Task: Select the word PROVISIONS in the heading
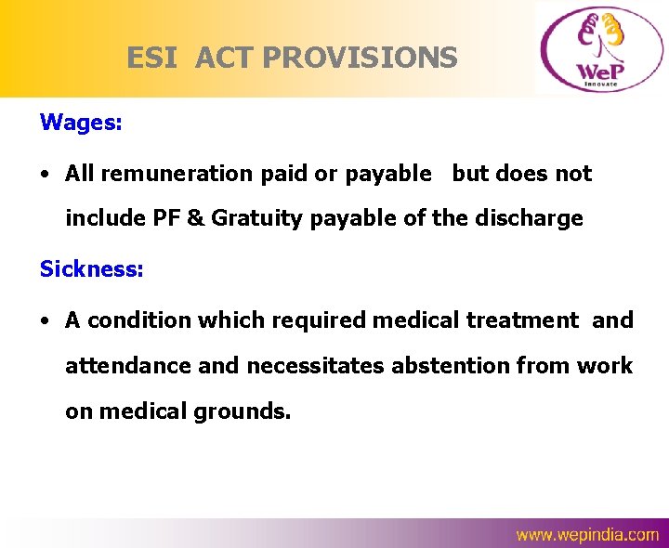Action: tap(361, 59)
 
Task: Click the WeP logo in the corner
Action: tap(599, 48)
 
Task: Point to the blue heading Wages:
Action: tap(81, 122)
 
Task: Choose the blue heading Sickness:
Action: tap(91, 269)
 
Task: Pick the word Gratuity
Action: tap(270, 218)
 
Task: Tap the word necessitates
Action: tap(315, 366)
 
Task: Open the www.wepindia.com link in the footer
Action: tap(587, 534)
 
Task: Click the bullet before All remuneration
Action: tap(45, 175)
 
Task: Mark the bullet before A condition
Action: tap(45, 321)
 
